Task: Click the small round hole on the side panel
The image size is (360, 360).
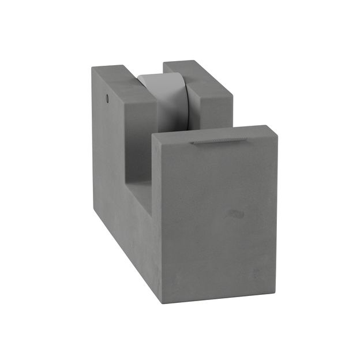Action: click(107, 99)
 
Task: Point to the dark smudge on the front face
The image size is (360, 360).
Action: click(235, 213)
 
